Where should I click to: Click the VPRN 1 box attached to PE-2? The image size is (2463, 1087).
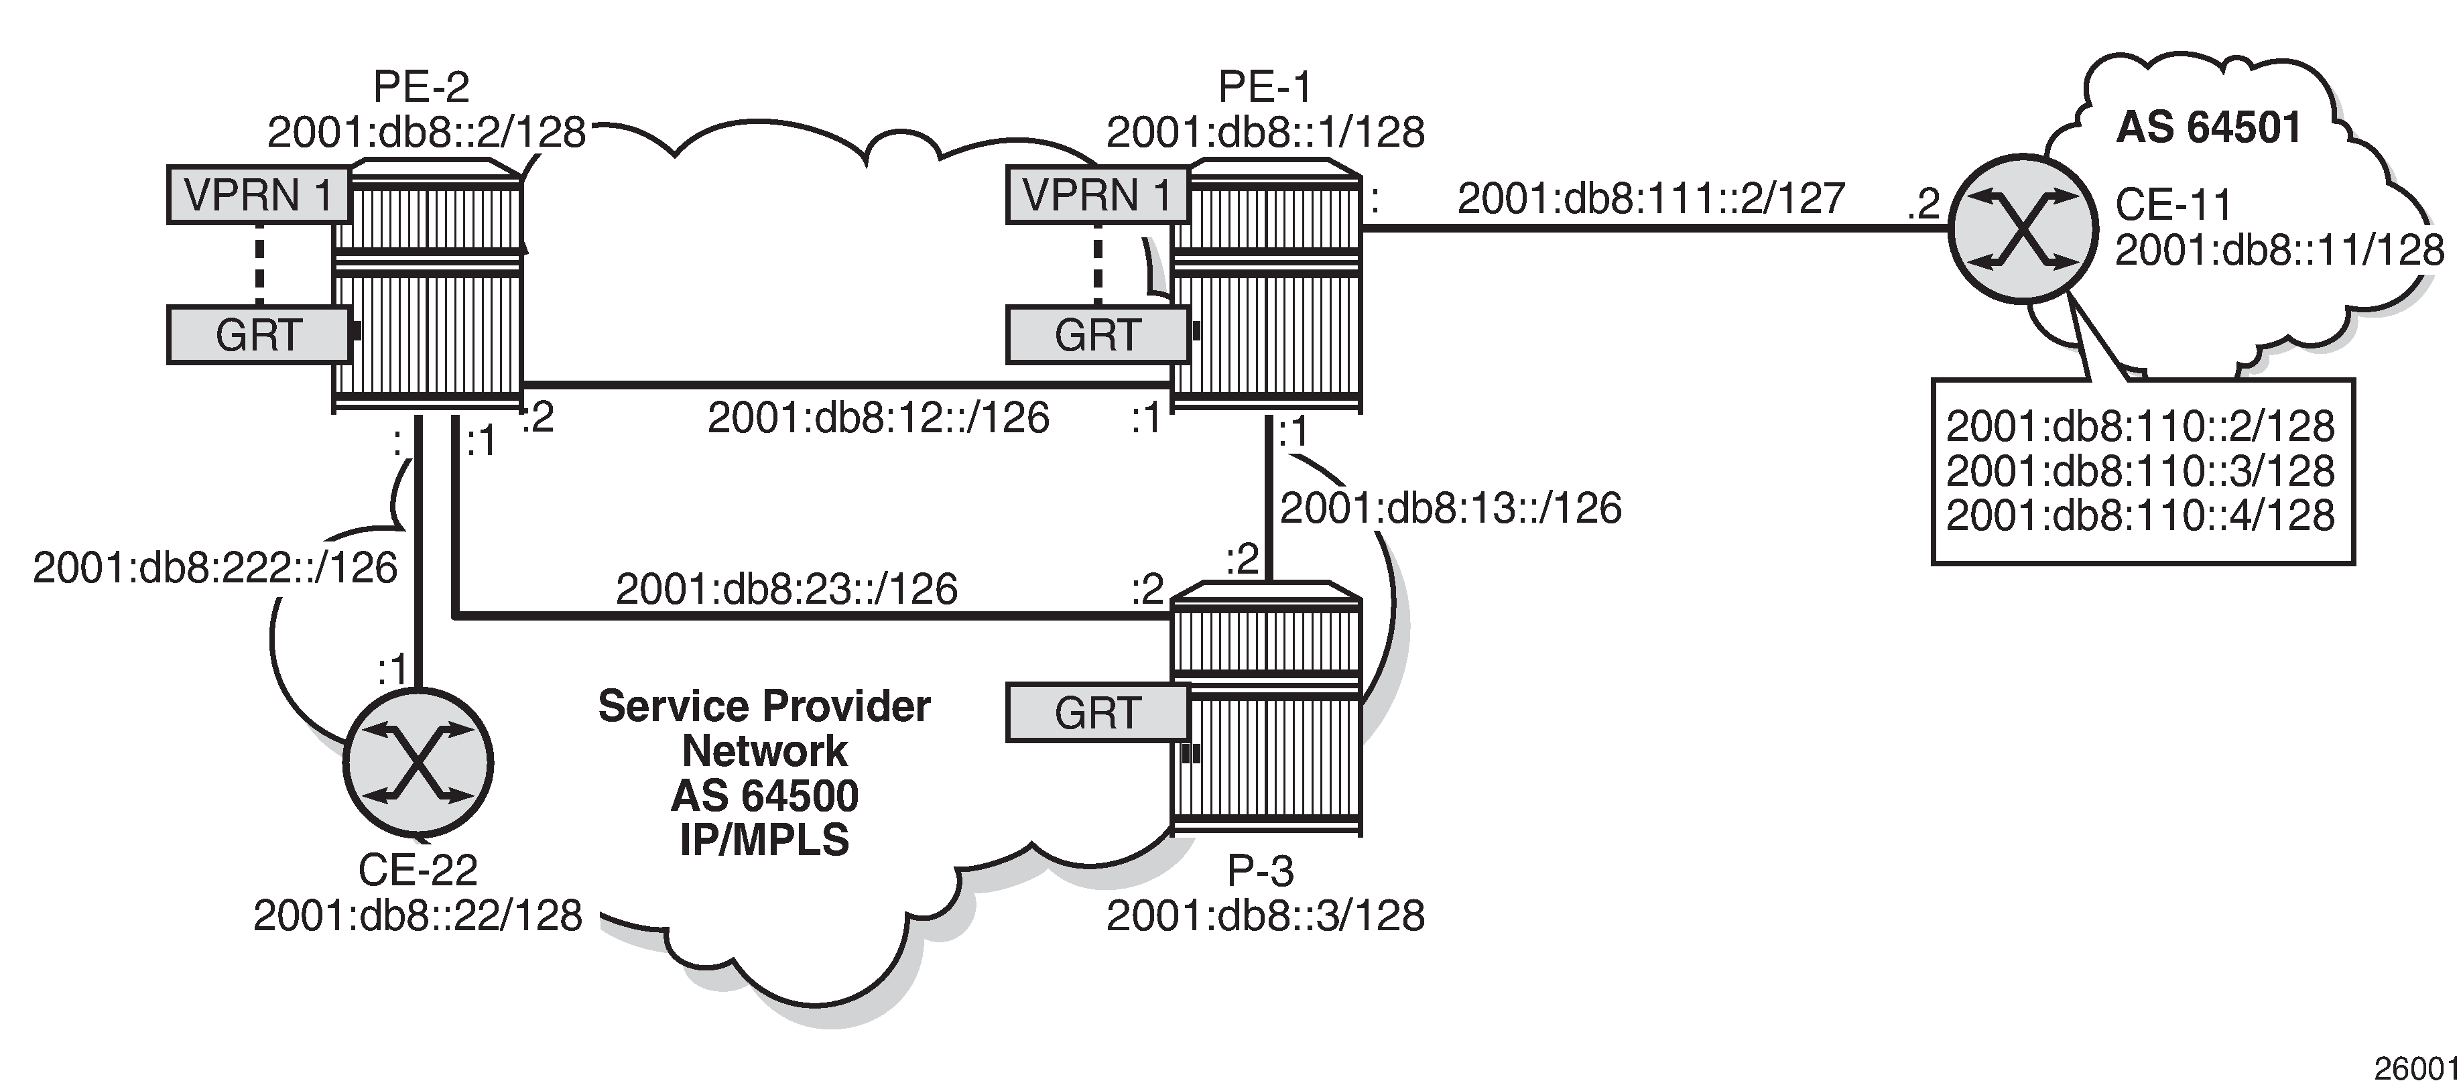258,195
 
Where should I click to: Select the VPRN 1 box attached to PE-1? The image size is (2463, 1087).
1096,195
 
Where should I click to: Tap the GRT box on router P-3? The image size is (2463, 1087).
1096,713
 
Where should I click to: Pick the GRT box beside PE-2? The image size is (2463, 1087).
258,334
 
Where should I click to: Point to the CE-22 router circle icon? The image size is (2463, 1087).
418,763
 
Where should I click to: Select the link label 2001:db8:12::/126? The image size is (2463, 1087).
878,418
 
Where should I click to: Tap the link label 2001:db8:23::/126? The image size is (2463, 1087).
786,589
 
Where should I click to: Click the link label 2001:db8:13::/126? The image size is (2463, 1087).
1450,509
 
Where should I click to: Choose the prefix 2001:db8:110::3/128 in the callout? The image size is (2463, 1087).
2140,470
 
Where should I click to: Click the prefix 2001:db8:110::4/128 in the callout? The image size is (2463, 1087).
2140,515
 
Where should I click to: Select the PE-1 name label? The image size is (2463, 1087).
1264,88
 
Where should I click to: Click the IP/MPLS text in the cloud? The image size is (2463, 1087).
764,840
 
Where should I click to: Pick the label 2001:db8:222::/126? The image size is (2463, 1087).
215,568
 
